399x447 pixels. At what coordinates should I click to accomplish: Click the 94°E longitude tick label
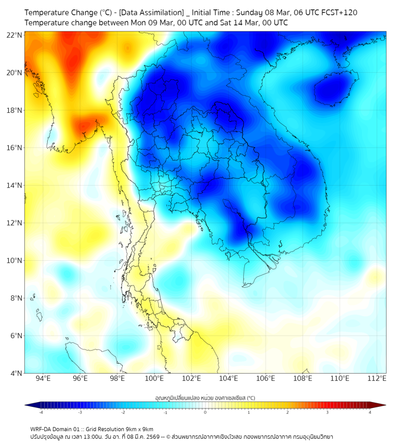(x=43, y=378)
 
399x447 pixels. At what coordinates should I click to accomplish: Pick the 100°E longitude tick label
(x=154, y=378)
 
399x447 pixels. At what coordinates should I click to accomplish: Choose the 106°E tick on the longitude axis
(x=266, y=378)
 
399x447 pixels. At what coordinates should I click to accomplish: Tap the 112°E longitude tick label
(x=377, y=378)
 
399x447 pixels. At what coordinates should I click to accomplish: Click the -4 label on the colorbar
(x=40, y=412)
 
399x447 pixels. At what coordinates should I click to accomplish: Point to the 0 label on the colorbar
(x=205, y=412)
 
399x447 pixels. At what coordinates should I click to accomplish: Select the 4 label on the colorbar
(x=370, y=412)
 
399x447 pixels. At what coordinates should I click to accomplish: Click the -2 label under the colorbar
(x=122, y=412)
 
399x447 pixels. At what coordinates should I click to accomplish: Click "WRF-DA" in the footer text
(x=41, y=429)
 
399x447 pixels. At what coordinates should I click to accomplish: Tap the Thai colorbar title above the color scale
(x=205, y=398)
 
